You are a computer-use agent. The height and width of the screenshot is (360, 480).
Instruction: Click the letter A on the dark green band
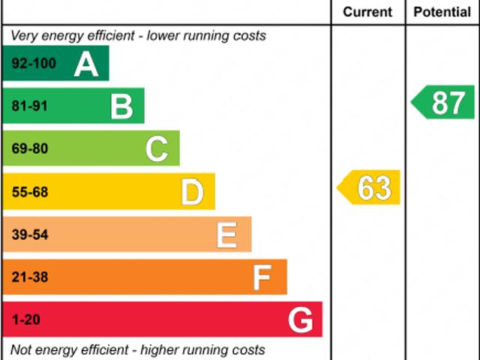(86, 64)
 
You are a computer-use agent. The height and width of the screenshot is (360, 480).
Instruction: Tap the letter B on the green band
(121, 106)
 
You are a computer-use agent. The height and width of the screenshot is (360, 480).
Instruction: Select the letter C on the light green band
(157, 149)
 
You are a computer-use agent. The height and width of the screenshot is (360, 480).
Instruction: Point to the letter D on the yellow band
(193, 193)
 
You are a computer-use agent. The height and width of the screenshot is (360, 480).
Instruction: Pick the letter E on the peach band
(227, 235)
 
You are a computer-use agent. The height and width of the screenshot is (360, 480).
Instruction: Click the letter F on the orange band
(262, 277)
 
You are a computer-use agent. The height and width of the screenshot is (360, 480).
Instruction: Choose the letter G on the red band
(300, 320)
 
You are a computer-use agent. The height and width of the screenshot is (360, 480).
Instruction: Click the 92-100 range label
(34, 64)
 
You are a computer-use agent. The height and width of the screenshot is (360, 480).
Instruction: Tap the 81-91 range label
(29, 106)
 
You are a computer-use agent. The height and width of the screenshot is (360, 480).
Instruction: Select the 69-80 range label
(29, 149)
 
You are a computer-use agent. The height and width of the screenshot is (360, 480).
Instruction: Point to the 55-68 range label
(29, 193)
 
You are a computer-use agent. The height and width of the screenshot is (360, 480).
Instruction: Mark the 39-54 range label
(29, 235)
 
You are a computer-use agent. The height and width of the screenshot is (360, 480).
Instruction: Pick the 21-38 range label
(29, 277)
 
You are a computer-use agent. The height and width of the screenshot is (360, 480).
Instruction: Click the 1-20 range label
(25, 320)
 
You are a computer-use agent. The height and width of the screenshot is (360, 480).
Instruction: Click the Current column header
(367, 12)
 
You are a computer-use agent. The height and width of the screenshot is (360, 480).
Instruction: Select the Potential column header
(442, 12)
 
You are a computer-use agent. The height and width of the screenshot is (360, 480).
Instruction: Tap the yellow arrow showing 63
(370, 187)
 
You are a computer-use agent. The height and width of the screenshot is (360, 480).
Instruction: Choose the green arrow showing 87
(444, 102)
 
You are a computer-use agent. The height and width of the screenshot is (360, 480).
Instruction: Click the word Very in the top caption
(24, 36)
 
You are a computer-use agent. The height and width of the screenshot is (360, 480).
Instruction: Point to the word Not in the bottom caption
(22, 349)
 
